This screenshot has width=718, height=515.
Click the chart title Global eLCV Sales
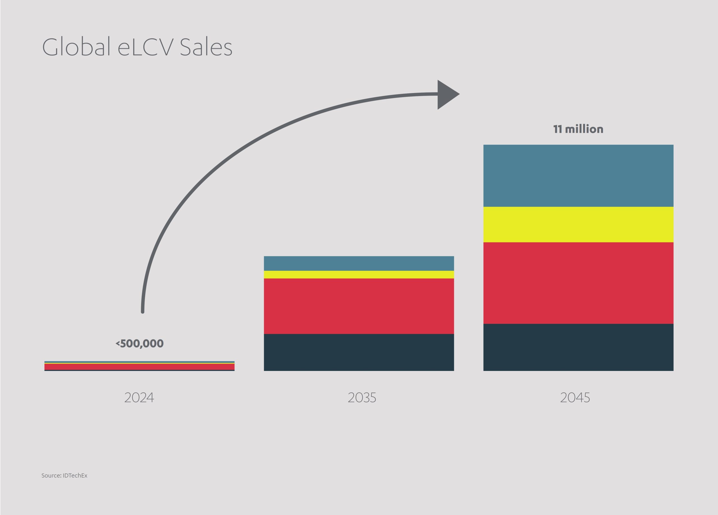(x=137, y=47)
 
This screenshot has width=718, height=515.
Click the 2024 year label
(x=139, y=398)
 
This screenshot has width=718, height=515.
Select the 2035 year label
(x=362, y=398)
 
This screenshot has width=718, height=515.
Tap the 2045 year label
(x=575, y=398)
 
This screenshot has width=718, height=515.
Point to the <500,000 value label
(x=140, y=344)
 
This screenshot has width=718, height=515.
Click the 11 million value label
(x=578, y=129)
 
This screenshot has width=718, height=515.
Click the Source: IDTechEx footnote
(x=64, y=475)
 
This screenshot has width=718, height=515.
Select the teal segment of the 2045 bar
(x=578, y=176)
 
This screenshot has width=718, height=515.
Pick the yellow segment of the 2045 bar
(x=578, y=225)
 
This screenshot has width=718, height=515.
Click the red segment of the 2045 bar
(x=578, y=283)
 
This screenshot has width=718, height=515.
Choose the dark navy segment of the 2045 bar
(x=578, y=347)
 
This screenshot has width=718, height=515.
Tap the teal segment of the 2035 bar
(x=359, y=263)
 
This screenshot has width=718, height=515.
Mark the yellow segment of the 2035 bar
(x=359, y=275)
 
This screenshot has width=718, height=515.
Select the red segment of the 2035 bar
(x=359, y=306)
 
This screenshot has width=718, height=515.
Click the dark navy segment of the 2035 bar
(x=359, y=352)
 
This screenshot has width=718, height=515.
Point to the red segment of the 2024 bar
(x=139, y=367)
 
